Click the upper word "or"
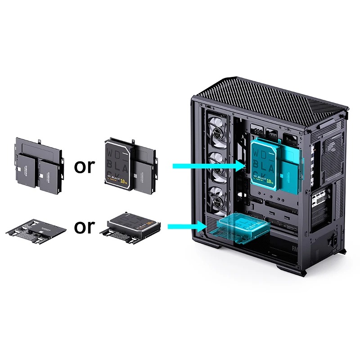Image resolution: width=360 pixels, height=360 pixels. tap(85, 166)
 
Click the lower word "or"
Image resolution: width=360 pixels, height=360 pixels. tap(85, 226)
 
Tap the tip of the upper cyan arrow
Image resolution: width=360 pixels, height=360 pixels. tap(246, 166)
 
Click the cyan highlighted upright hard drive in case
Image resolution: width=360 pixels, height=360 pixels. tap(265, 164)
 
